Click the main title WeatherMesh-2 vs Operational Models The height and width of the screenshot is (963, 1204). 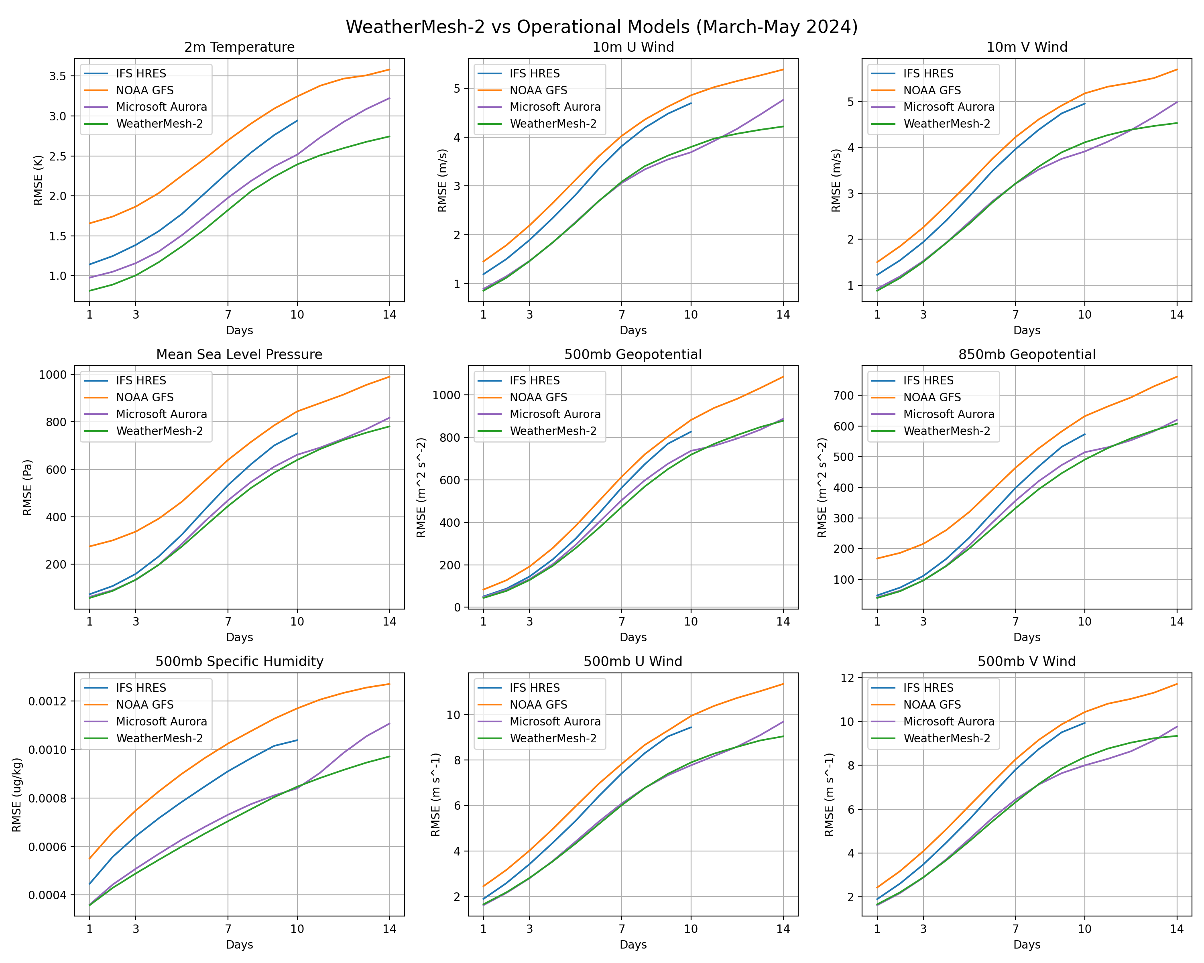coord(602,27)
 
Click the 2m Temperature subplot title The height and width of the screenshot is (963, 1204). coord(239,47)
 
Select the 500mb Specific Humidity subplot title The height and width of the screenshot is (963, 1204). coord(239,662)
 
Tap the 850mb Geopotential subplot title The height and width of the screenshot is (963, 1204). coord(1027,354)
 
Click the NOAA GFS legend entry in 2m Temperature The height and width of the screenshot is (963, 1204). coord(144,90)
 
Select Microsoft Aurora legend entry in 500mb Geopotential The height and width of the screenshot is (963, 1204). coord(555,414)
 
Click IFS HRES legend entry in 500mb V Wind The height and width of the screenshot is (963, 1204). coord(928,688)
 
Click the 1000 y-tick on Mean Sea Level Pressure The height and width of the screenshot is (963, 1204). coord(52,375)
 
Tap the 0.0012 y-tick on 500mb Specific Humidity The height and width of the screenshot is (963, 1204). coord(47,701)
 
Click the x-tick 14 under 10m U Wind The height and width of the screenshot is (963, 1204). coord(783,315)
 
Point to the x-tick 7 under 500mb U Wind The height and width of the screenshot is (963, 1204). coord(622,929)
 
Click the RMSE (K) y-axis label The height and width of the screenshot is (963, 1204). coord(38,180)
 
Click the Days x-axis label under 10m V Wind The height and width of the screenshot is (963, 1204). coord(1027,331)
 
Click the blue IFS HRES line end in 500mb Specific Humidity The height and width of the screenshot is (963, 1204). coord(297,740)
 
